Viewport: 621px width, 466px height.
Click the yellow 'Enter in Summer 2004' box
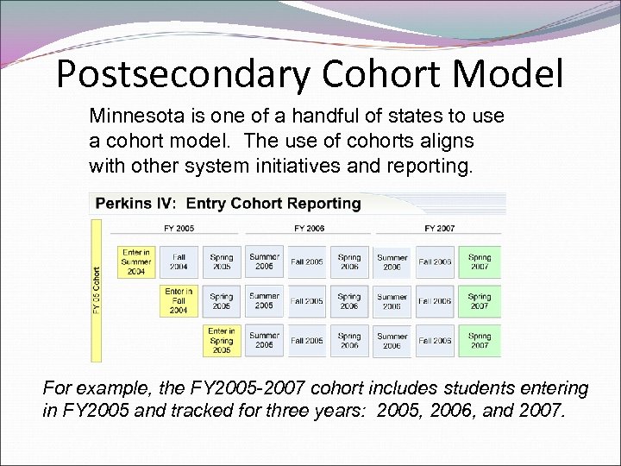(x=136, y=261)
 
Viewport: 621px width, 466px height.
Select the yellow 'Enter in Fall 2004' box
(x=179, y=301)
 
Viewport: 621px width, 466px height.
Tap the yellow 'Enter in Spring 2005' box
(x=222, y=340)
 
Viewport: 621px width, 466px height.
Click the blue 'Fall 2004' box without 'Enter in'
(x=179, y=261)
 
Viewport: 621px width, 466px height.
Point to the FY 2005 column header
(x=179, y=228)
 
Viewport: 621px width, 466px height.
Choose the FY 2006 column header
(x=309, y=228)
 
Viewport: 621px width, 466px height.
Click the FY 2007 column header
(x=438, y=228)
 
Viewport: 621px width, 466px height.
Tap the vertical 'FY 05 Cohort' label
(x=96, y=288)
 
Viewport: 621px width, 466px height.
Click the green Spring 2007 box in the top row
(x=480, y=261)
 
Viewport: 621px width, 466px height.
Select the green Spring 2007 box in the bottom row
(x=480, y=340)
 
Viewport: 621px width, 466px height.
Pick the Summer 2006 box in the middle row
(x=392, y=301)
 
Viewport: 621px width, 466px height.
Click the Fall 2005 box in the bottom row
(x=306, y=340)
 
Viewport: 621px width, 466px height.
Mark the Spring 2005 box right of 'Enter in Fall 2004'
(x=222, y=301)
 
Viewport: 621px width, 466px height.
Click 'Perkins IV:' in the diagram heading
(x=135, y=204)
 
